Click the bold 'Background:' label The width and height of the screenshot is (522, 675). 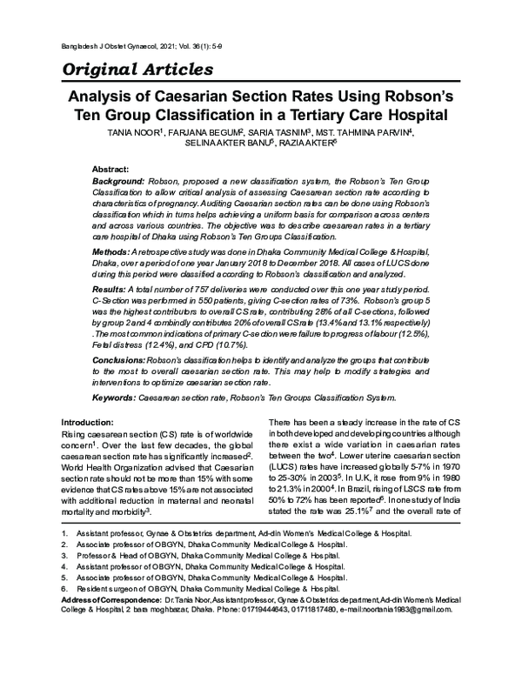click(x=120, y=179)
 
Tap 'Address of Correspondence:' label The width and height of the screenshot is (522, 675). click(x=110, y=600)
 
